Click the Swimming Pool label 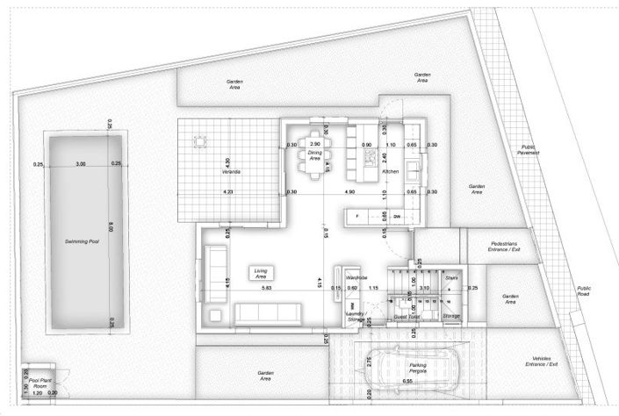pyautogui.click(x=81, y=240)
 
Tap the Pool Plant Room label pyautogui.click(x=38, y=383)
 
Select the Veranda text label pyautogui.click(x=232, y=172)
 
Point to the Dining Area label pyautogui.click(x=315, y=155)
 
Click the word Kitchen pyautogui.click(x=391, y=172)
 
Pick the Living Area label pyautogui.click(x=260, y=273)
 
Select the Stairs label pyautogui.click(x=451, y=277)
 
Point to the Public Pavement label pyautogui.click(x=529, y=150)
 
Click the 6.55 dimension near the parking pyautogui.click(x=407, y=382)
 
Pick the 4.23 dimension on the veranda pyautogui.click(x=227, y=191)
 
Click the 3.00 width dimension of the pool pyautogui.click(x=81, y=164)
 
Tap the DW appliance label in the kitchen pyautogui.click(x=397, y=216)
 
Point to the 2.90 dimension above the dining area pyautogui.click(x=315, y=143)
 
